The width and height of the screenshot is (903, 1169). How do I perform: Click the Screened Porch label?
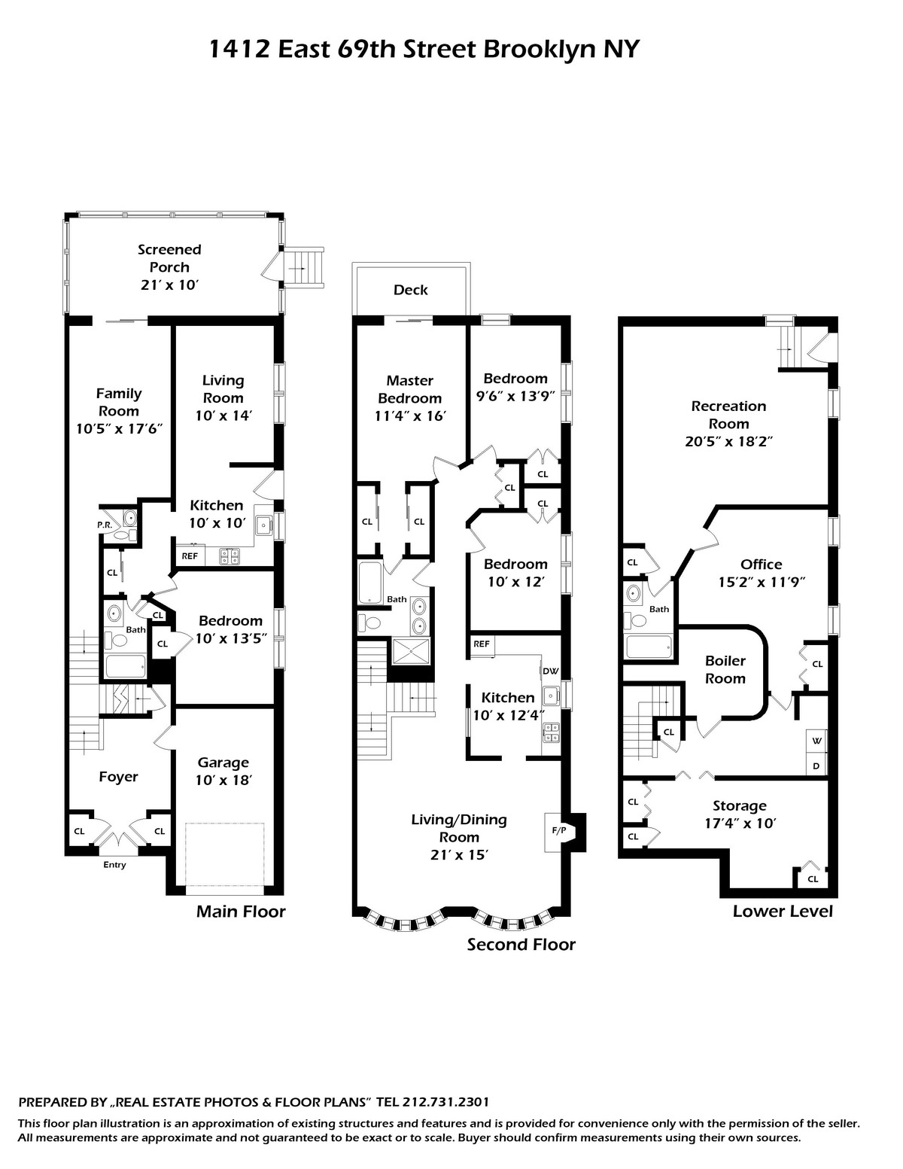click(x=169, y=258)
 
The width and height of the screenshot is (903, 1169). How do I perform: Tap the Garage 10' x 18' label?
click(x=223, y=772)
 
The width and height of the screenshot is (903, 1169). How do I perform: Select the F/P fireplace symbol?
click(x=558, y=830)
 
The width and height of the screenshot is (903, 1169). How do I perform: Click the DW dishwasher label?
click(x=550, y=671)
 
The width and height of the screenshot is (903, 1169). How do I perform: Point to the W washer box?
click(x=816, y=741)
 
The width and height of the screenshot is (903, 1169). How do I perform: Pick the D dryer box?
click(x=816, y=767)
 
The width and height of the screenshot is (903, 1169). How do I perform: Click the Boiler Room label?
click(x=725, y=669)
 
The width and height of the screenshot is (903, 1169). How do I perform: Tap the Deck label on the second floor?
click(x=410, y=290)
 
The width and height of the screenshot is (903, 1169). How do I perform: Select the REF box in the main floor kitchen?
click(x=190, y=556)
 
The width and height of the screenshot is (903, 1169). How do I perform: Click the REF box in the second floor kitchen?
click(x=482, y=644)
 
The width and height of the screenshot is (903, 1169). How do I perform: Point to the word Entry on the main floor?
click(x=114, y=865)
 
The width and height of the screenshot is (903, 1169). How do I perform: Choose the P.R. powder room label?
click(x=105, y=525)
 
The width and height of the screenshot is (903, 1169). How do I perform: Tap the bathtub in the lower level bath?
click(x=649, y=647)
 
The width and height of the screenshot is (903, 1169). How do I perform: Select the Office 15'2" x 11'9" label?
click(x=761, y=573)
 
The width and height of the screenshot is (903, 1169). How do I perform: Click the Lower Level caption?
click(x=783, y=912)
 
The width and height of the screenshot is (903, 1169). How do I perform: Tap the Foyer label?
click(x=118, y=777)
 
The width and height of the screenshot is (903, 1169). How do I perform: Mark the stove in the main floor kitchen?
click(x=229, y=556)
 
